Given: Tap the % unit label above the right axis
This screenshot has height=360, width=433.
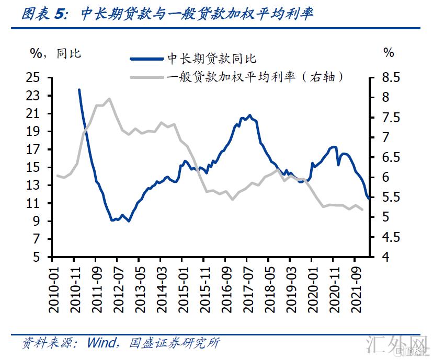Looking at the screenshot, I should tap(388, 53).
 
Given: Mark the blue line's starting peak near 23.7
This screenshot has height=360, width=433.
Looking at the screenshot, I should tap(79, 89).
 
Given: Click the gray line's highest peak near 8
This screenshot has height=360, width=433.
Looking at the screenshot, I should tap(109, 98).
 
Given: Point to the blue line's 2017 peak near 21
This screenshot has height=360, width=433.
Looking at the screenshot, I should tap(249, 115).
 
